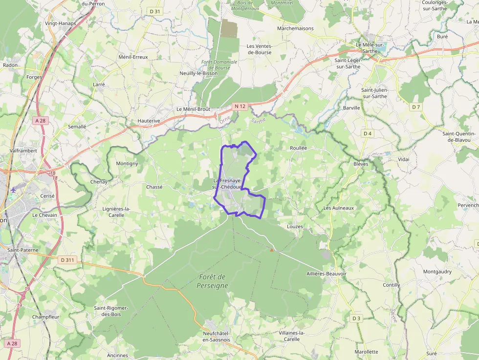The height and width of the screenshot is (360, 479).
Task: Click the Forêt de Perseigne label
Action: pyautogui.click(x=213, y=281)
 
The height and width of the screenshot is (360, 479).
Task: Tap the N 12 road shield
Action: pyautogui.click(x=239, y=106)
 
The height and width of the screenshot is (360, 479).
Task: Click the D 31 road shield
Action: pyautogui.click(x=155, y=11)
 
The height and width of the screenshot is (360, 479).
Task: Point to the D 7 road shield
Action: pyautogui.click(x=416, y=106)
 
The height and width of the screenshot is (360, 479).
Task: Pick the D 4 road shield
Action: pyautogui.click(x=368, y=133)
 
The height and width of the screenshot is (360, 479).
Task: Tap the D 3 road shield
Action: pyautogui.click(x=356, y=318)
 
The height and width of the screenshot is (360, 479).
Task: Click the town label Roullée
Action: pyautogui.click(x=298, y=148)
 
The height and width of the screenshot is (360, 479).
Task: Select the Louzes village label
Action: pyautogui.click(x=295, y=227)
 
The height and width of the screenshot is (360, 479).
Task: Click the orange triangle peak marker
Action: pyautogui.click(x=272, y=250)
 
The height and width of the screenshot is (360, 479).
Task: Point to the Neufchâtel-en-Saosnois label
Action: pyautogui.click(x=216, y=336)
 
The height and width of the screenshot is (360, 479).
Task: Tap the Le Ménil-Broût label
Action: pyautogui.click(x=193, y=109)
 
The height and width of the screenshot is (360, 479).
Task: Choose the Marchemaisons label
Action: pyautogui.click(x=295, y=28)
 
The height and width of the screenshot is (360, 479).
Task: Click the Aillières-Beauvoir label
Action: pyautogui.click(x=327, y=274)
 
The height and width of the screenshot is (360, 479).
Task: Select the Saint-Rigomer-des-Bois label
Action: pyautogui.click(x=111, y=311)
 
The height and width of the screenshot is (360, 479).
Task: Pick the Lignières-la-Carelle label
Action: pyautogui.click(x=116, y=212)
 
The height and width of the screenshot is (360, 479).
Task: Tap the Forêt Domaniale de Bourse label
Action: pyautogui.click(x=219, y=64)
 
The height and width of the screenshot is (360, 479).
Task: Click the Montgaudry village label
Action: pyautogui.click(x=437, y=272)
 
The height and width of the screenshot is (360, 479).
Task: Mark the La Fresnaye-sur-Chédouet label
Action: pyautogui.click(x=228, y=184)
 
